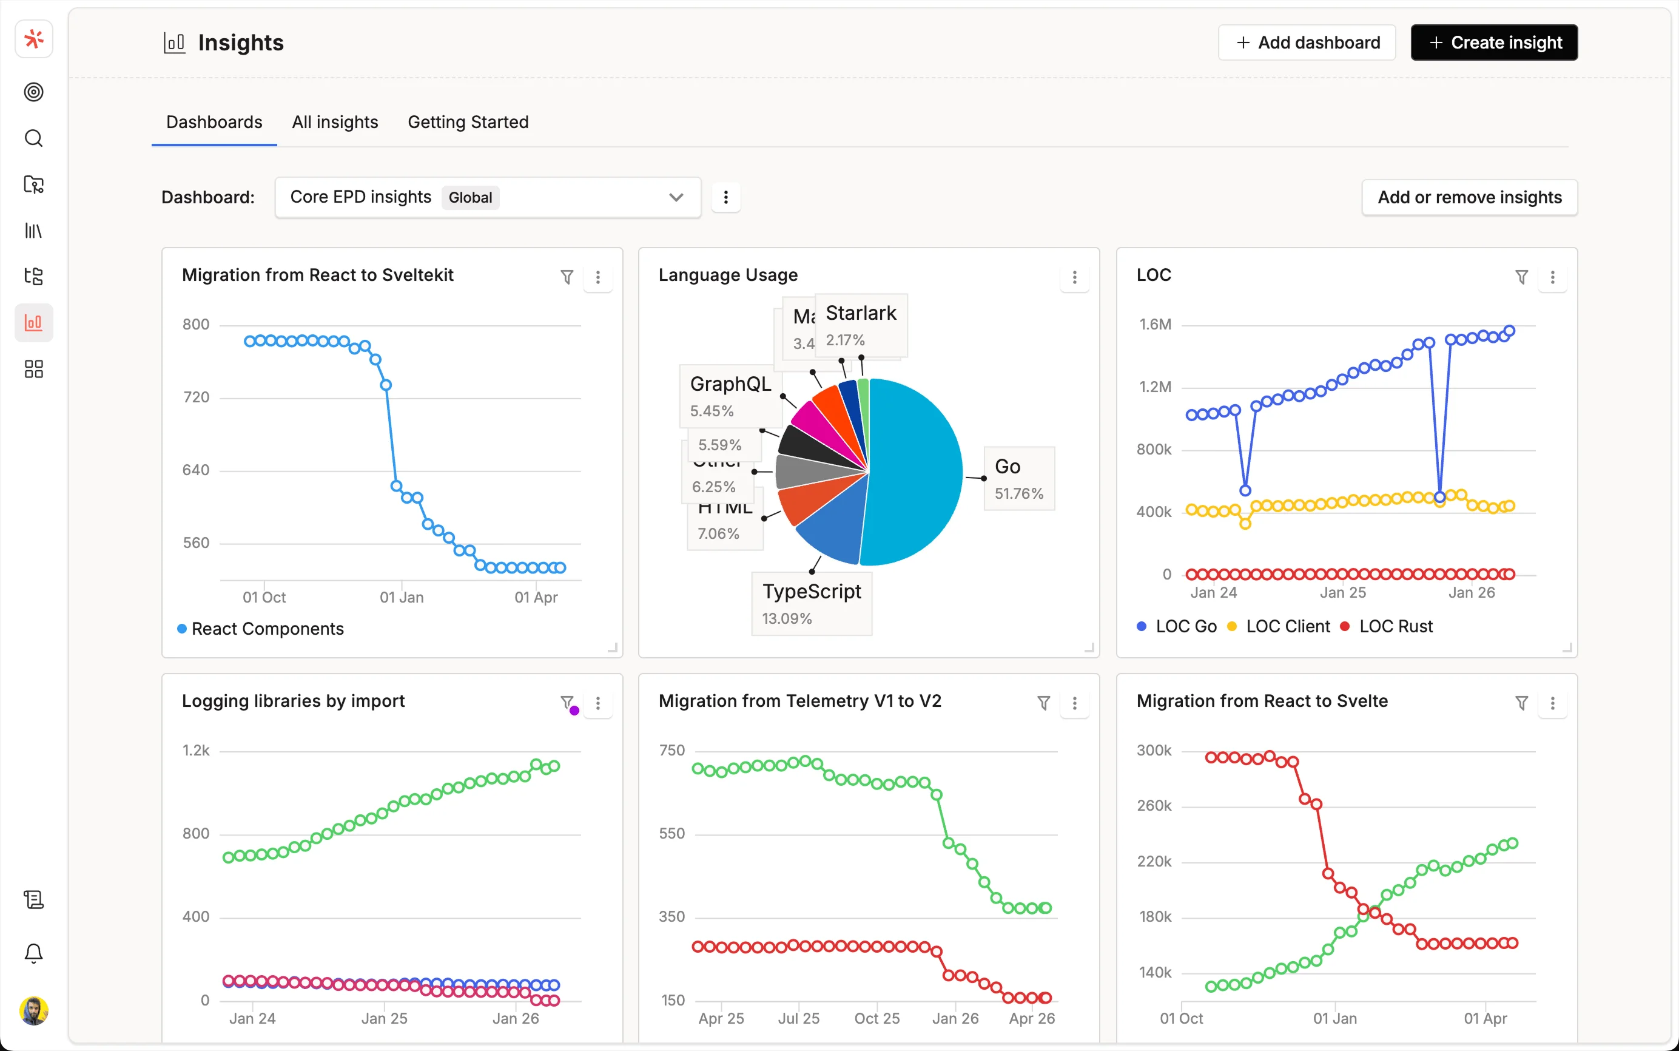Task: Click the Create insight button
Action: point(1493,42)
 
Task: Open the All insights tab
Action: point(335,123)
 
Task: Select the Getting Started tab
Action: point(468,123)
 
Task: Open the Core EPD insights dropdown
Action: point(487,197)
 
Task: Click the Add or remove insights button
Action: point(1469,197)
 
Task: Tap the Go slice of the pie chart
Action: point(917,473)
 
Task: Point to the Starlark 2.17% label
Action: point(860,325)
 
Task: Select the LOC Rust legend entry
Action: point(1395,626)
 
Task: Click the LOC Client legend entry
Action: point(1287,626)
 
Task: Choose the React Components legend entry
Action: point(267,629)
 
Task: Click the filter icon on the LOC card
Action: point(1521,277)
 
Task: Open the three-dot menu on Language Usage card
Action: point(1074,277)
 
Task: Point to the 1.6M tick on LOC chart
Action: point(1154,325)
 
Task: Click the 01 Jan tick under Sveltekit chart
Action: point(402,597)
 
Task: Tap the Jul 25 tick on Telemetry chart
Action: point(798,1018)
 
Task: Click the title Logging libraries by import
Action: point(293,701)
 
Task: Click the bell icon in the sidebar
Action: point(33,952)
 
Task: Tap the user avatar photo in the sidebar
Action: point(33,1011)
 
